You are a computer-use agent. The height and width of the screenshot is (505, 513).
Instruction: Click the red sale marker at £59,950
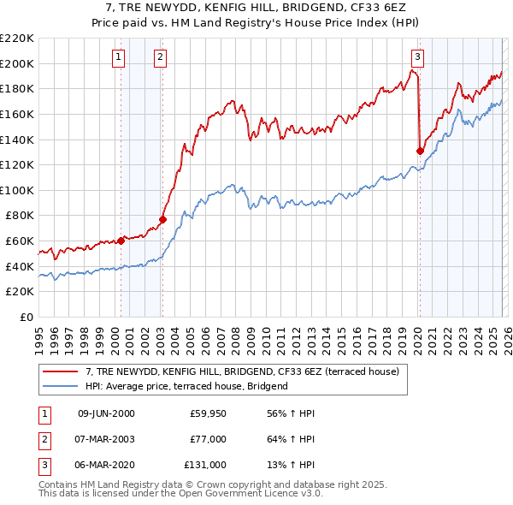121,241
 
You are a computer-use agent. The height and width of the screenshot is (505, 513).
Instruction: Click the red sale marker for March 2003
162,219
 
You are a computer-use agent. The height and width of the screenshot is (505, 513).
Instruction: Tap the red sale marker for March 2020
420,151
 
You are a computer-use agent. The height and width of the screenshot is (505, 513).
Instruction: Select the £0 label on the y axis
27,317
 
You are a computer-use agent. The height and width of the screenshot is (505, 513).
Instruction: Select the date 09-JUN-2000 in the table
106,414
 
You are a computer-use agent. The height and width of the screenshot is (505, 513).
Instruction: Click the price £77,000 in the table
209,439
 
